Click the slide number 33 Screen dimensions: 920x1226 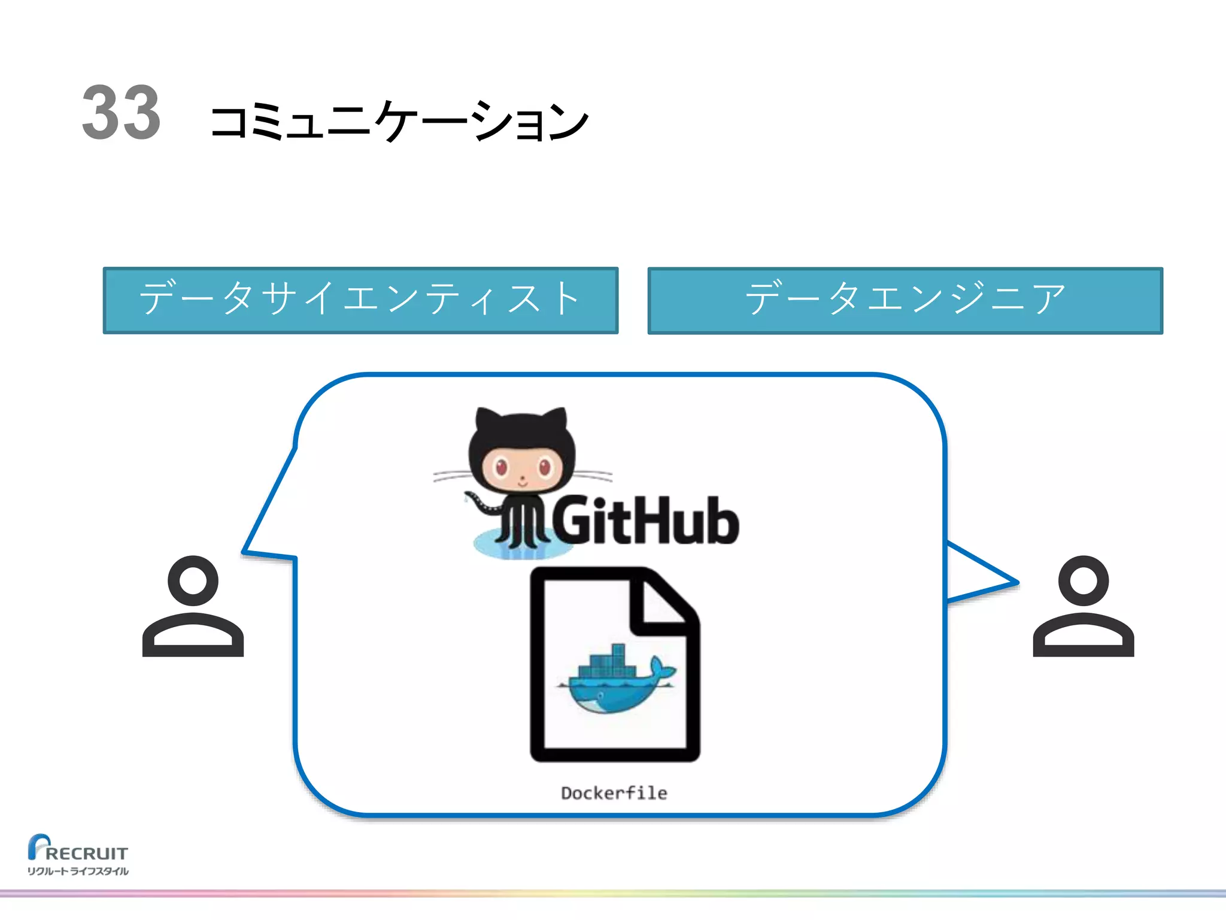click(x=122, y=113)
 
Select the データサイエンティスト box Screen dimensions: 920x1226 click(x=360, y=300)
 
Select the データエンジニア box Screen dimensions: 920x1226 click(x=905, y=300)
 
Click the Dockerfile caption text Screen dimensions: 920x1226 click(x=614, y=793)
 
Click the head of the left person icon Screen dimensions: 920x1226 click(x=193, y=580)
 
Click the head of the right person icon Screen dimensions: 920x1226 click(x=1084, y=580)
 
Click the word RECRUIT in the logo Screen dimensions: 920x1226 click(x=87, y=853)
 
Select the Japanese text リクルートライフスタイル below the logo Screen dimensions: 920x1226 click(x=78, y=871)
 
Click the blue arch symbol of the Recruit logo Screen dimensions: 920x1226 click(x=37, y=845)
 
